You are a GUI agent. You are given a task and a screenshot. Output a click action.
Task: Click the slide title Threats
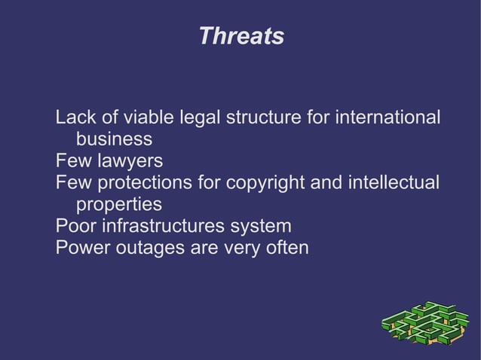(241, 36)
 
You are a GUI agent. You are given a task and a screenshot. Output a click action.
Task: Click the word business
(114, 140)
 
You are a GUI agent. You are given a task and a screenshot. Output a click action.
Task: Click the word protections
(144, 183)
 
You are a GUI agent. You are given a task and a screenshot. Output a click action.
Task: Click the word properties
(119, 205)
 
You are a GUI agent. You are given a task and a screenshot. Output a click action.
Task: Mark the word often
(286, 248)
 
